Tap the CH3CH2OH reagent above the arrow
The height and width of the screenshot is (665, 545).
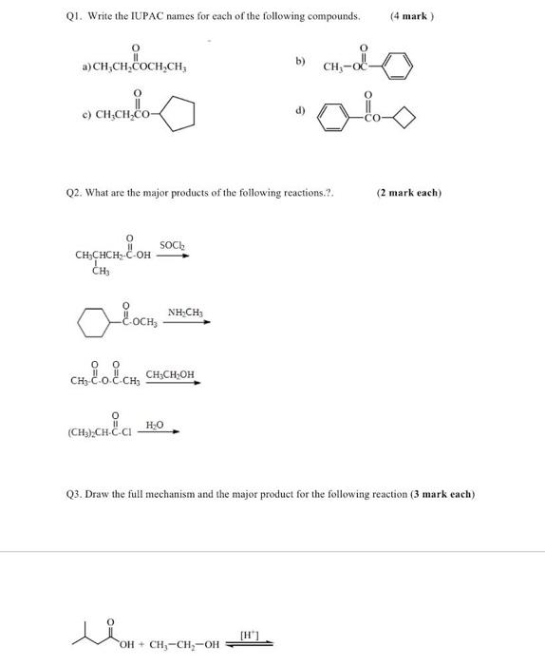pyautogui.click(x=172, y=376)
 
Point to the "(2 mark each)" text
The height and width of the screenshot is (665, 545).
pyautogui.click(x=409, y=192)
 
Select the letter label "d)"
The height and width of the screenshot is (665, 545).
pyautogui.click(x=301, y=110)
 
